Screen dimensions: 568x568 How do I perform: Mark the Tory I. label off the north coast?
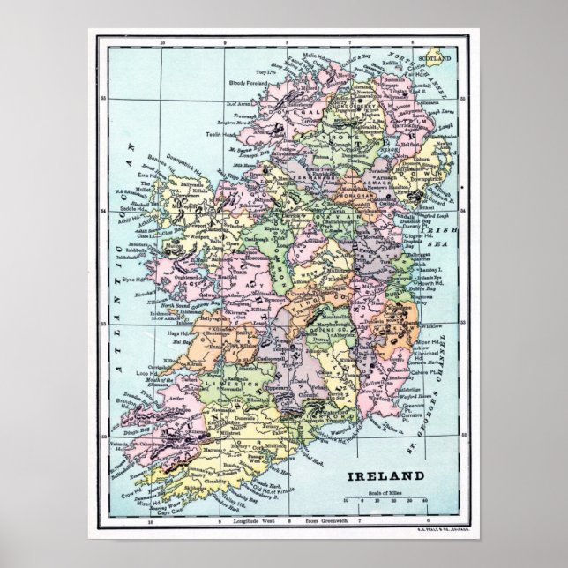click(260, 71)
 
